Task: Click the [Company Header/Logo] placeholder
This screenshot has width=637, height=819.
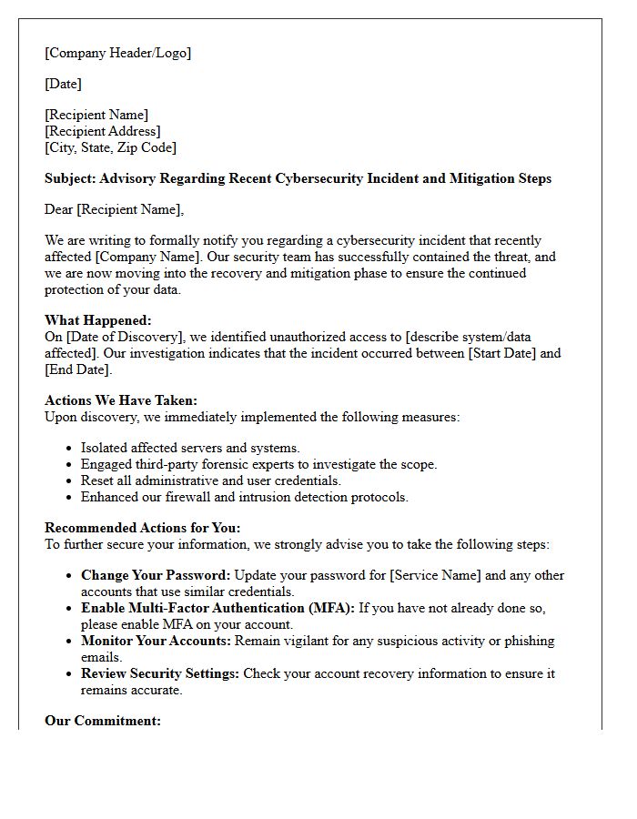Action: [x=117, y=53]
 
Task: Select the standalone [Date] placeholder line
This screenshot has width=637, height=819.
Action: [x=63, y=84]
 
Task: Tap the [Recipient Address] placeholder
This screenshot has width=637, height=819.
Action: [x=103, y=131]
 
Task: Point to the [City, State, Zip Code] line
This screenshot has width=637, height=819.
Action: [x=110, y=147]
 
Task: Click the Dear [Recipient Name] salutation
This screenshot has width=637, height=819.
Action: [x=114, y=209]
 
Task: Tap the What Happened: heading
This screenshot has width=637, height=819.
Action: [x=98, y=320]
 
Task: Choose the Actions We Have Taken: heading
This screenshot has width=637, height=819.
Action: [x=121, y=400]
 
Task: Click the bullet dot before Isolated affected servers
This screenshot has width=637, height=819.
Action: [x=70, y=448]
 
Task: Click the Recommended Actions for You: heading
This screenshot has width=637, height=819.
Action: [x=143, y=528]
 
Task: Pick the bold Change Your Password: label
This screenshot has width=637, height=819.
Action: [x=157, y=575]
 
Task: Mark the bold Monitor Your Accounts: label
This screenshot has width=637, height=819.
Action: [x=156, y=641]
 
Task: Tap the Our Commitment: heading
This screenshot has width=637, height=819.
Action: [x=103, y=721]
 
